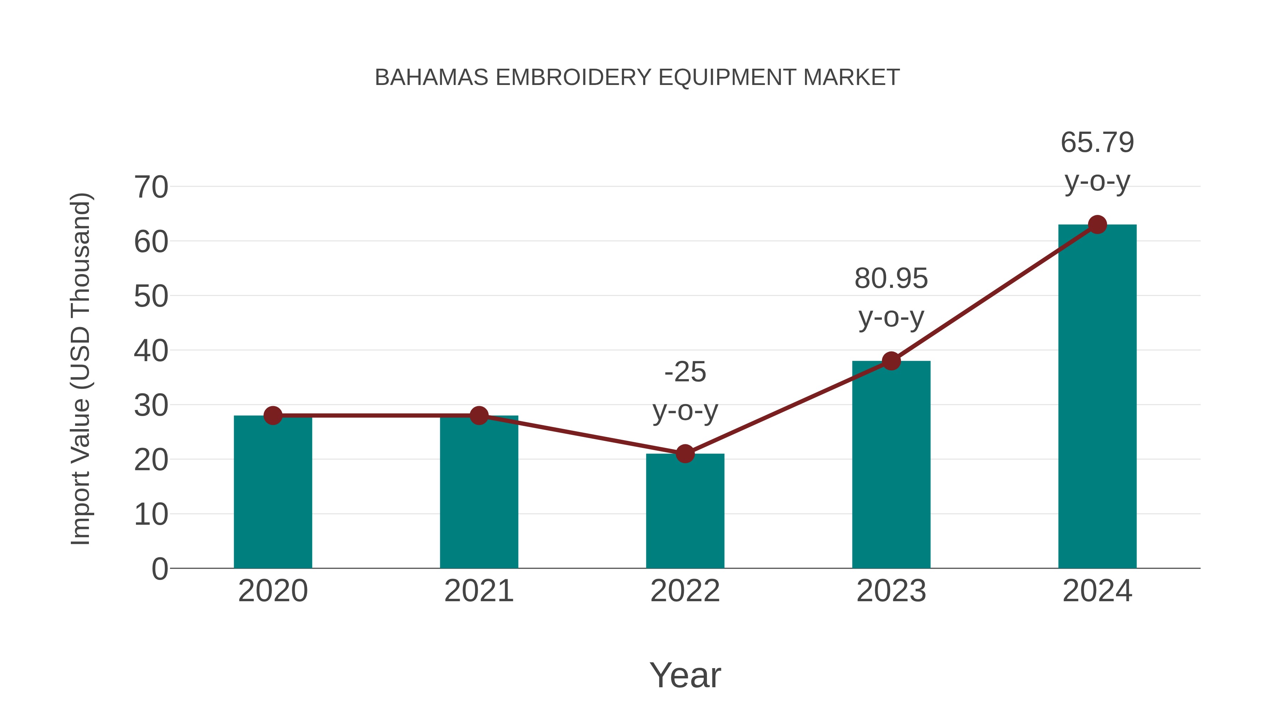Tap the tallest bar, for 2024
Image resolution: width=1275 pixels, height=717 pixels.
click(1097, 396)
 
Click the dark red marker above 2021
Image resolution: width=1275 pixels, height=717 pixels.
click(478, 415)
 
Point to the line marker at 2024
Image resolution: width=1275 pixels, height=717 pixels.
click(1097, 224)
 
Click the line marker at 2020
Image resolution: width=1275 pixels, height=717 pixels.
click(273, 415)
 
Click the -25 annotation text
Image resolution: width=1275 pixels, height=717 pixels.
click(685, 372)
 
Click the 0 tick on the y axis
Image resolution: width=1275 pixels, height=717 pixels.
click(159, 569)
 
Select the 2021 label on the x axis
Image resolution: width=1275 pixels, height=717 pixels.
click(478, 591)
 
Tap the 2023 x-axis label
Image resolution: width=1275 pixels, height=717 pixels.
click(891, 591)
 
